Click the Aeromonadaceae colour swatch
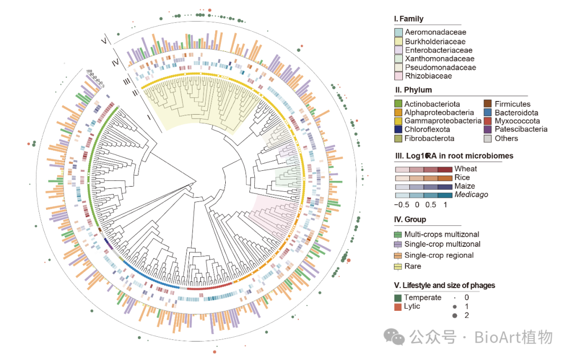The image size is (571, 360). [399, 32]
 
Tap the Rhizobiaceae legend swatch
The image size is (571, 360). [399, 76]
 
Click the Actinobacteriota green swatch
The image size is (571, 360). [399, 104]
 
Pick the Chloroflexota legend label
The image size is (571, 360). [427, 130]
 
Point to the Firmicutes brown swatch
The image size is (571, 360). [489, 104]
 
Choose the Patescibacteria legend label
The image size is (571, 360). [521, 130]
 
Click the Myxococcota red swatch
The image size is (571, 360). [489, 121]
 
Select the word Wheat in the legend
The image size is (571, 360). [466, 169]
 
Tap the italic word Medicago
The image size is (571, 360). [471, 195]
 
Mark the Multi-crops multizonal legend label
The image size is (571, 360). [442, 234]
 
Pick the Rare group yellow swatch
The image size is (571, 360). [398, 266]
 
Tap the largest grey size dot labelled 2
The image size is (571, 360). [454, 316]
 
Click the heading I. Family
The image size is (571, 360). [409, 19]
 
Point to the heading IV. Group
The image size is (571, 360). [410, 219]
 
